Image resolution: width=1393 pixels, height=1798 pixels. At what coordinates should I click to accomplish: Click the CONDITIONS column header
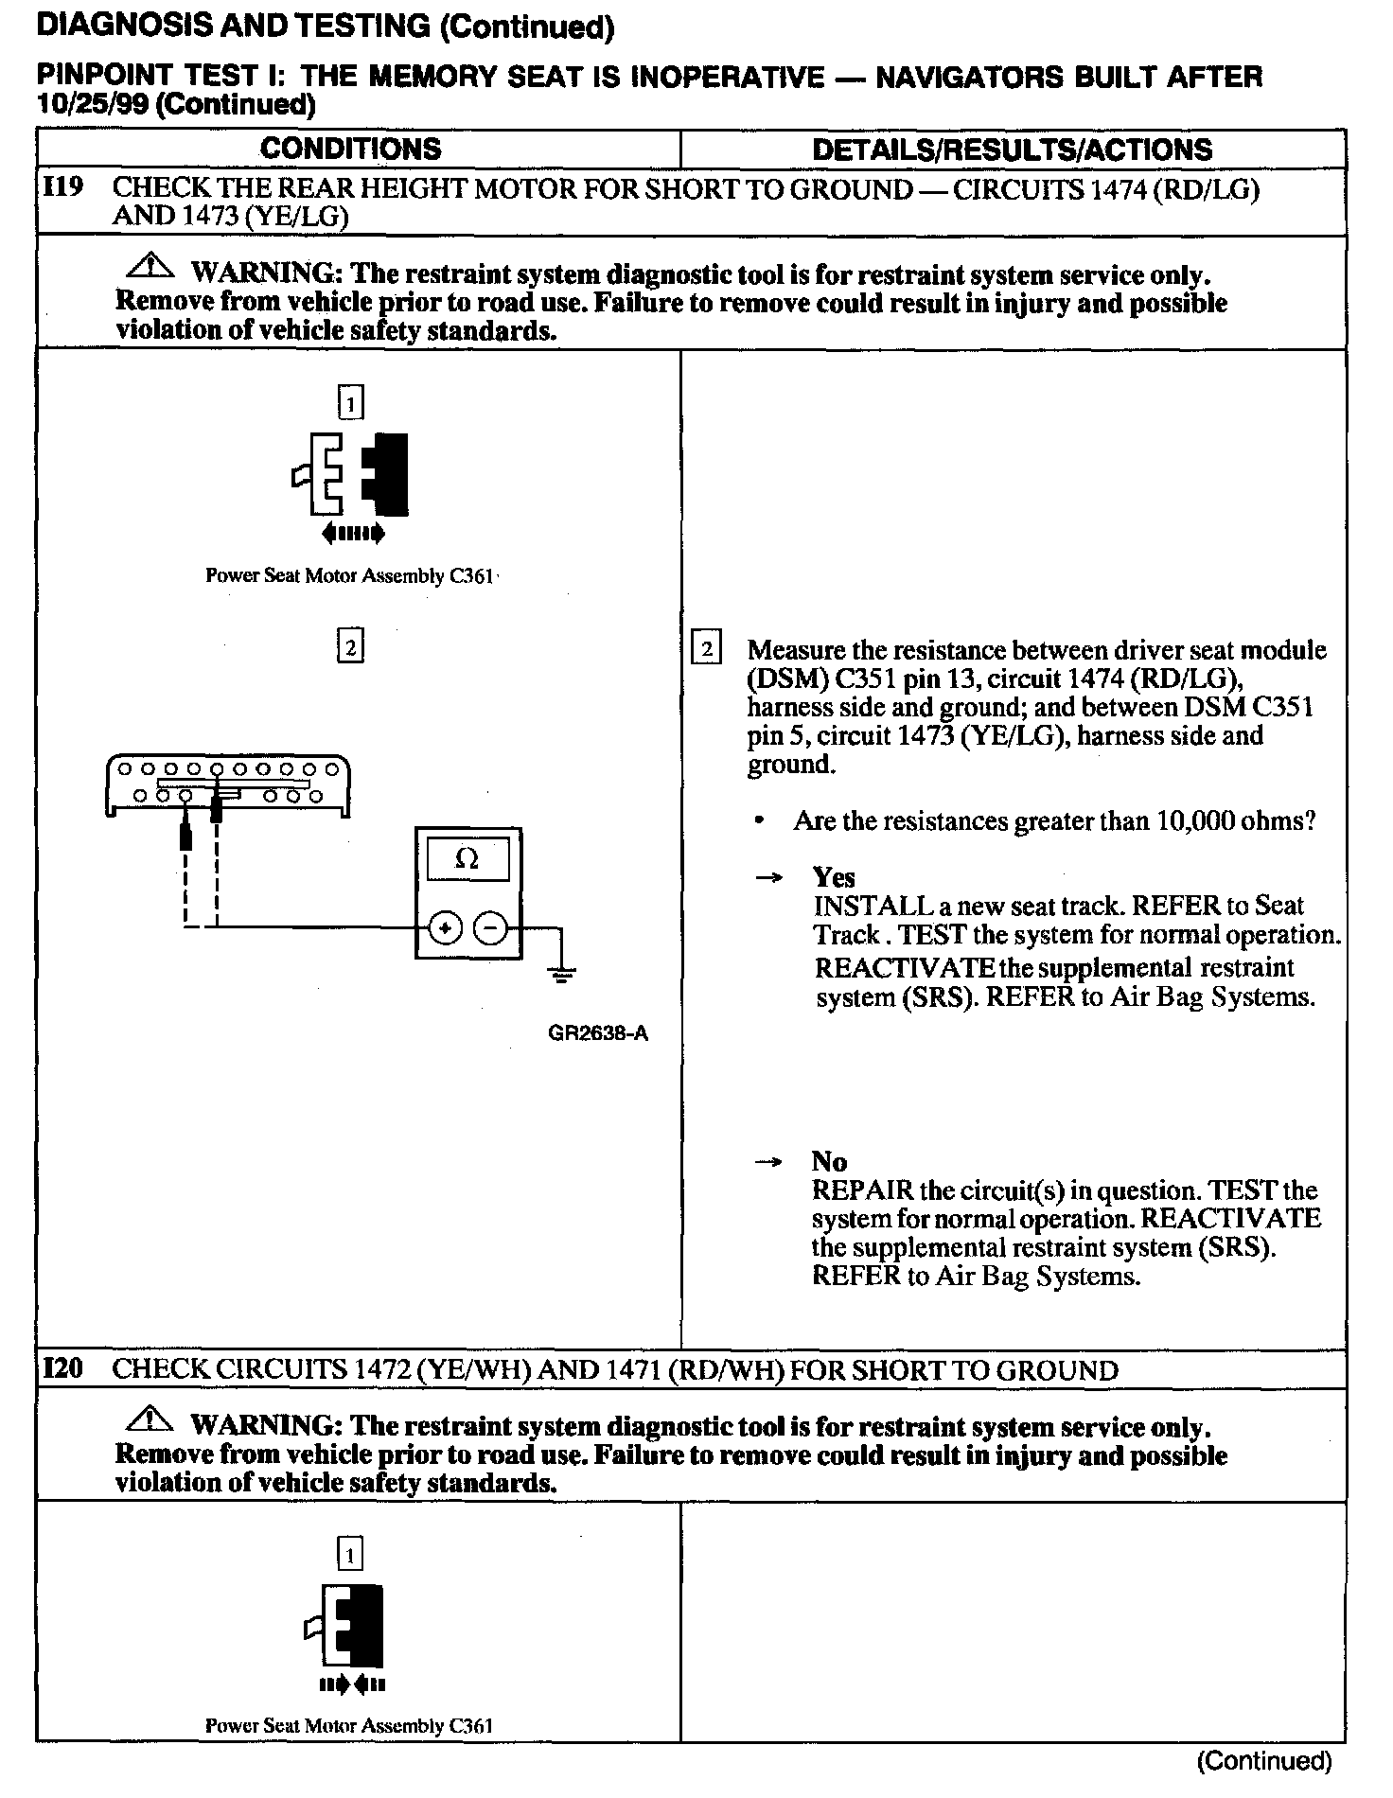tap(350, 149)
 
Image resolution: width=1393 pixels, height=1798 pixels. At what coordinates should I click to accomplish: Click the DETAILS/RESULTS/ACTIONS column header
tap(1012, 150)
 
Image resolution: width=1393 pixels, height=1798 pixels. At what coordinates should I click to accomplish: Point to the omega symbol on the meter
tap(467, 858)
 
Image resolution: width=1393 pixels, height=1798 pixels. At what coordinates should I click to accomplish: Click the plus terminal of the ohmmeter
tap(445, 928)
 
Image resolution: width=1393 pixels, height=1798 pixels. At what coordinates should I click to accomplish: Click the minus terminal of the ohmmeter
tap(490, 928)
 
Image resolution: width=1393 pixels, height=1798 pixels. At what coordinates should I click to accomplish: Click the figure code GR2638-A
tap(598, 1033)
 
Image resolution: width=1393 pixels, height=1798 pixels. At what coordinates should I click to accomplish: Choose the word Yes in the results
tap(834, 877)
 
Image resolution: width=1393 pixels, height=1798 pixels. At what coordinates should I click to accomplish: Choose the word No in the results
tap(829, 1161)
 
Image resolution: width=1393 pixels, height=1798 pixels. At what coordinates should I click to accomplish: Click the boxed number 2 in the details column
tap(706, 649)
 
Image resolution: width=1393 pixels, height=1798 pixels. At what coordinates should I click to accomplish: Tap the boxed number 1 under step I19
tap(350, 404)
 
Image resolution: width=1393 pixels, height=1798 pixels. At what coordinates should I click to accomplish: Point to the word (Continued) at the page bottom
tap(1264, 1760)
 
